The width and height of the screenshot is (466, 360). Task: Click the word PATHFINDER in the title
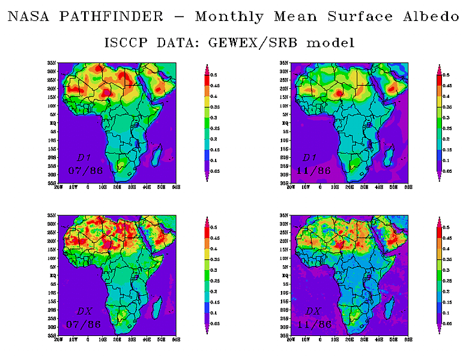(x=111, y=16)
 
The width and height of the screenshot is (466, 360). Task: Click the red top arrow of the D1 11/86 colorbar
(x=438, y=67)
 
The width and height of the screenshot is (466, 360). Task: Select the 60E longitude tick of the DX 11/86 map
(x=408, y=340)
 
